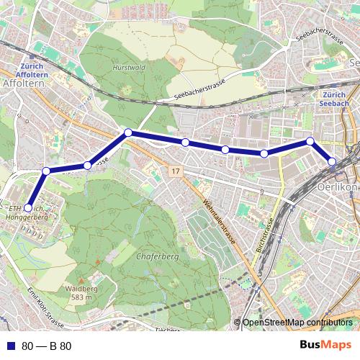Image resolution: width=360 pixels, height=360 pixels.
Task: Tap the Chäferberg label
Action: click(x=151, y=255)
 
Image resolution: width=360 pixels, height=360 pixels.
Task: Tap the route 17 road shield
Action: click(x=175, y=171)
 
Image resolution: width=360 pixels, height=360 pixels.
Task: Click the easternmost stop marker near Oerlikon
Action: click(x=332, y=161)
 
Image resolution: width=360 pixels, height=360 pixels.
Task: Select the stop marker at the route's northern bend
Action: click(x=127, y=132)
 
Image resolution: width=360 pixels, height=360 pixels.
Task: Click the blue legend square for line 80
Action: click(x=9, y=346)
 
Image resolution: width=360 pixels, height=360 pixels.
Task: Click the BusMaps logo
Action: click(x=325, y=345)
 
